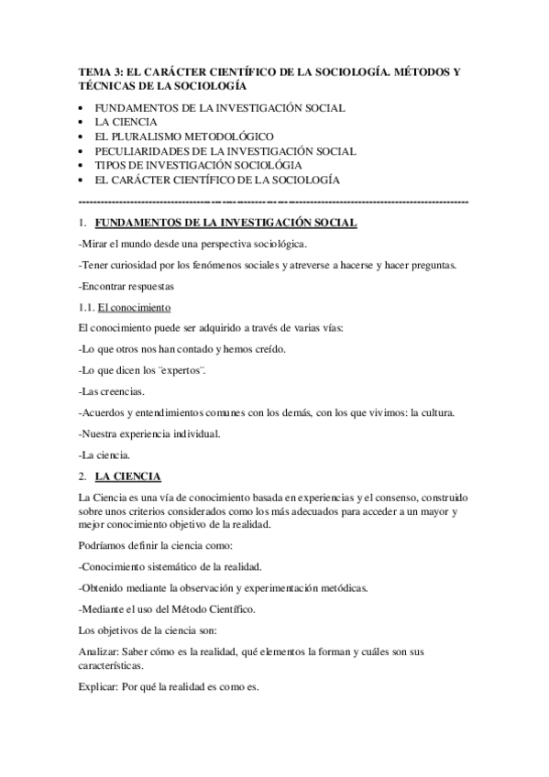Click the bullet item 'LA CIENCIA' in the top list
(126, 121)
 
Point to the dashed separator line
(274, 200)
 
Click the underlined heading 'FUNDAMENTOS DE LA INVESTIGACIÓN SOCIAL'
(225, 223)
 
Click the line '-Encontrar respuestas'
(126, 286)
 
